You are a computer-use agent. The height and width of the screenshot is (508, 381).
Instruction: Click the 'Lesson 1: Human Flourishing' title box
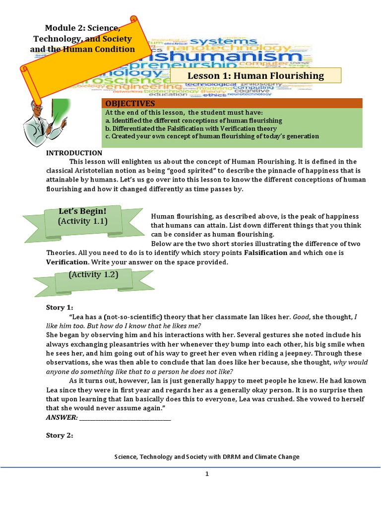(x=255, y=76)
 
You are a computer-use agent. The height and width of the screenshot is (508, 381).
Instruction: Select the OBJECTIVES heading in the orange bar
(x=130, y=103)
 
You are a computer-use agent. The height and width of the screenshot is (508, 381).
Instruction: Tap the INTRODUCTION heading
(x=74, y=153)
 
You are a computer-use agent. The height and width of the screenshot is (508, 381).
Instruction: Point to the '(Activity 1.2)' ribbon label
(x=93, y=274)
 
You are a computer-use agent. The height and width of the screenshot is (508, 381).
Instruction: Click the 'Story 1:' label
(x=60, y=307)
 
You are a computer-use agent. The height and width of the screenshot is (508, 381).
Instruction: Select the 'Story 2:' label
(x=60, y=435)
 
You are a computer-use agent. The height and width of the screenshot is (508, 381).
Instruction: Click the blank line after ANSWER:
(x=125, y=418)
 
